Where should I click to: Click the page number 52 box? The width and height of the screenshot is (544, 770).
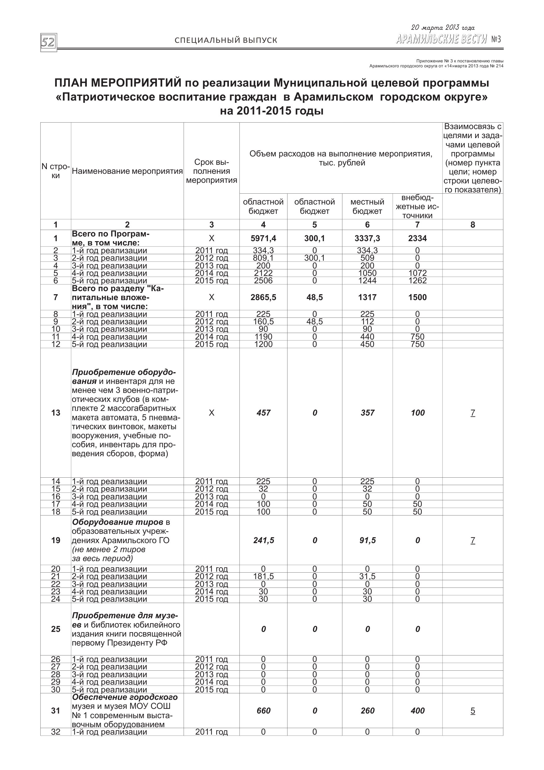[49, 42]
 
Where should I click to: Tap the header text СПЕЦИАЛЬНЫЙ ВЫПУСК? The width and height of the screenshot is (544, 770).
[226, 40]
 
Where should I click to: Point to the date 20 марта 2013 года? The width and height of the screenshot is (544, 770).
[443, 28]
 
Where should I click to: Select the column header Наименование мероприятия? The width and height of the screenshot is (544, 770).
[127, 171]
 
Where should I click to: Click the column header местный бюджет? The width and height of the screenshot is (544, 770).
[367, 206]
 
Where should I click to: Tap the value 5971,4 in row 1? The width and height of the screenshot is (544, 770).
[263, 238]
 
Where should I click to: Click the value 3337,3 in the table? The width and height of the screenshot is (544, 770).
[367, 238]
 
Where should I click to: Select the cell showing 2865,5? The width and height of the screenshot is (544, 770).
[263, 297]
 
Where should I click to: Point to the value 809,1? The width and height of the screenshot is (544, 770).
[263, 258]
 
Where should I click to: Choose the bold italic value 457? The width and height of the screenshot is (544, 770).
[263, 413]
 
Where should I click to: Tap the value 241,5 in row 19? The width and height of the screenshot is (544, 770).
[263, 540]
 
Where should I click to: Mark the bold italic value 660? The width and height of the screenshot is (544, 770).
[263, 711]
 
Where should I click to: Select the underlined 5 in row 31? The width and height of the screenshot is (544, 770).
[473, 711]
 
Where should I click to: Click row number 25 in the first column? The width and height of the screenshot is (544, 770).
[56, 629]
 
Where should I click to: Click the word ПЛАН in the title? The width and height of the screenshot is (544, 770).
[71, 83]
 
